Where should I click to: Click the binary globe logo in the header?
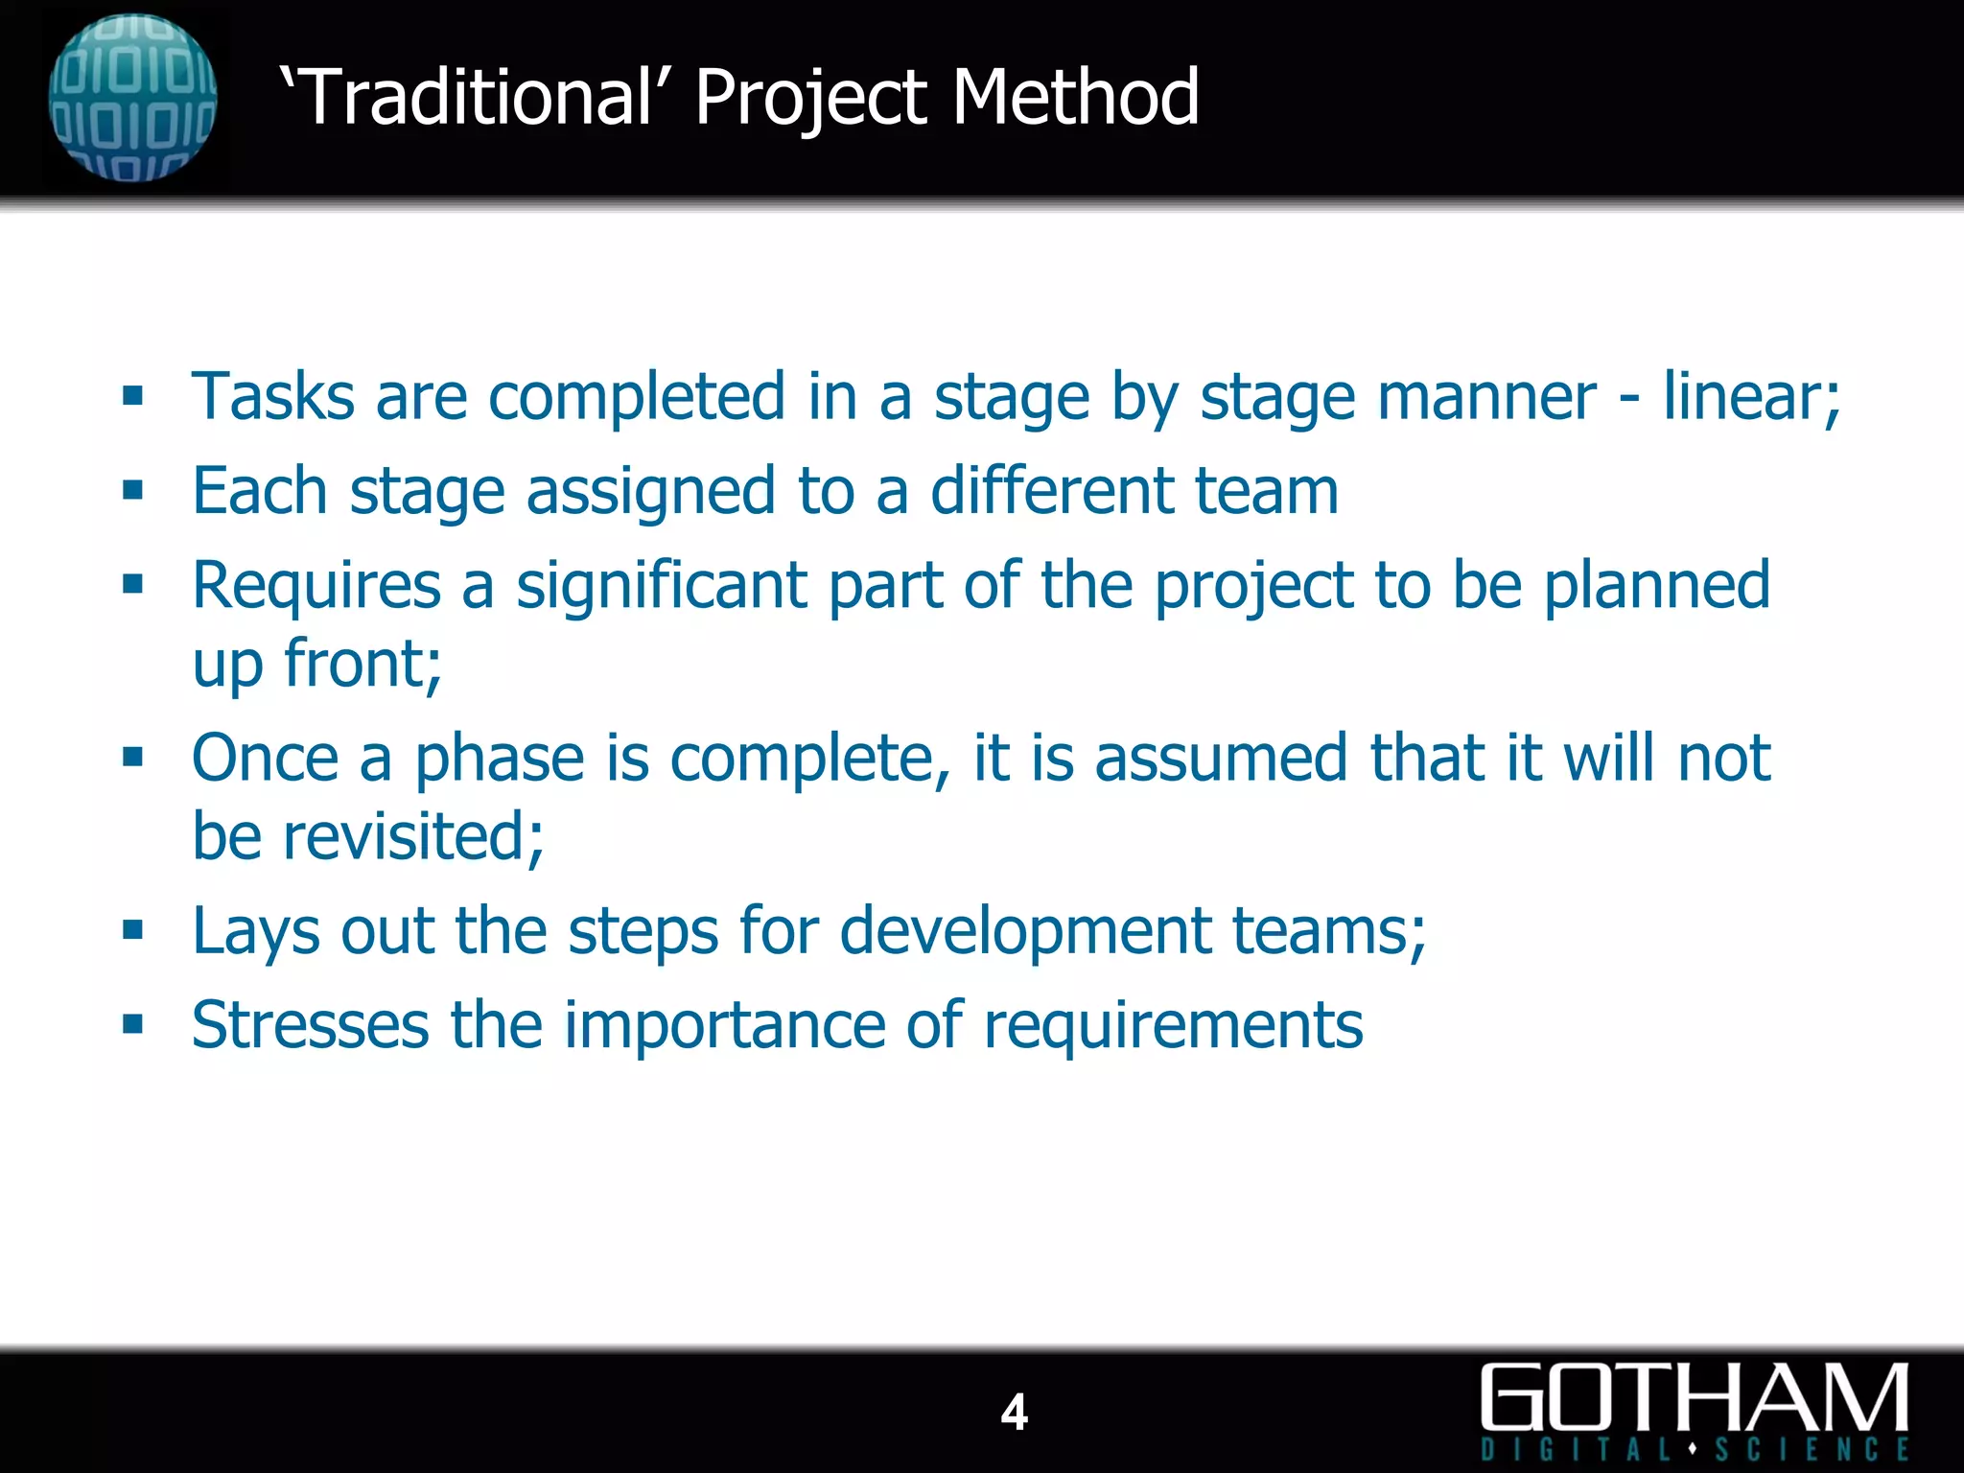[132, 98]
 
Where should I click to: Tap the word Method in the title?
[1075, 97]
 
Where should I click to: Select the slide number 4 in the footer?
[1014, 1412]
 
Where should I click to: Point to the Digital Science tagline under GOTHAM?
[1694, 1449]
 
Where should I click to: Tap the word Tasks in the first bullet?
[273, 396]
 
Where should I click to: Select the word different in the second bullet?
[1051, 490]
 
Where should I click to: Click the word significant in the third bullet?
[661, 585]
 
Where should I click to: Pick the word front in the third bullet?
[362, 663]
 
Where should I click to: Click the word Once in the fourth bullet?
[266, 758]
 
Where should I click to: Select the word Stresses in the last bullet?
[310, 1025]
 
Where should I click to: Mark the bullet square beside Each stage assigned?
[133, 491]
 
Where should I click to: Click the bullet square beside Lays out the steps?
[133, 929]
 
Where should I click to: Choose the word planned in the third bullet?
[1656, 585]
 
